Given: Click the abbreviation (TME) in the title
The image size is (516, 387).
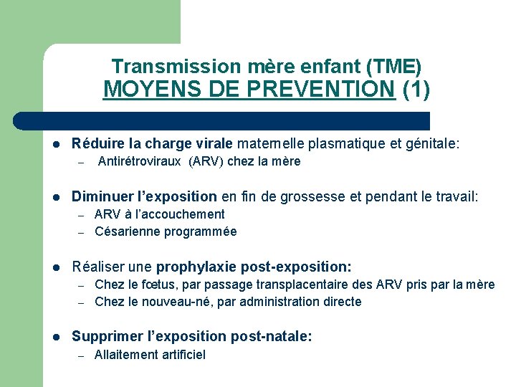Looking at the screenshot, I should click(393, 67).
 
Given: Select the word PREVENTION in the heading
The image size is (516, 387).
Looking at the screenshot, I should click(334, 90).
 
